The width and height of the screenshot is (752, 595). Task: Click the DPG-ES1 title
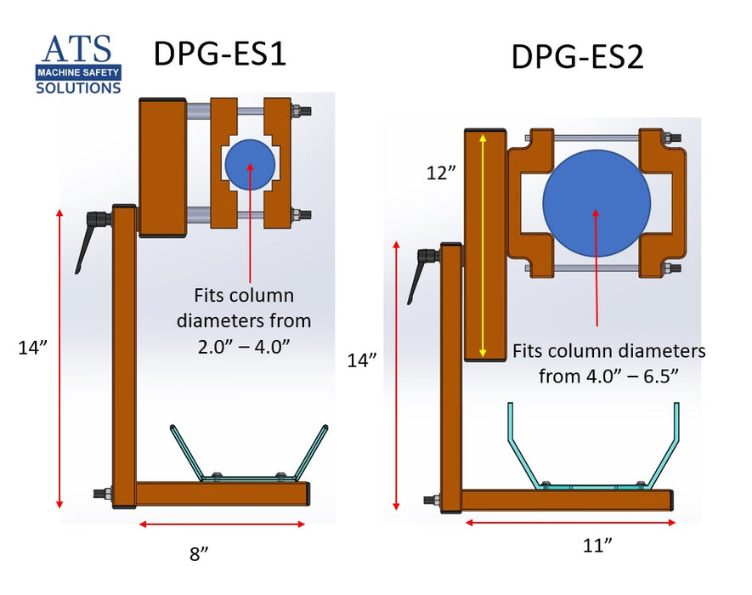(x=218, y=54)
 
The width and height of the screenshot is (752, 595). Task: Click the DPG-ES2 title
(x=577, y=58)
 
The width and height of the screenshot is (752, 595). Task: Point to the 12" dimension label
(x=441, y=173)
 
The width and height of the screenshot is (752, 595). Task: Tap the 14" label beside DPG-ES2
(x=363, y=360)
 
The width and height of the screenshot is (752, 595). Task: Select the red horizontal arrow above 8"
(x=222, y=524)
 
